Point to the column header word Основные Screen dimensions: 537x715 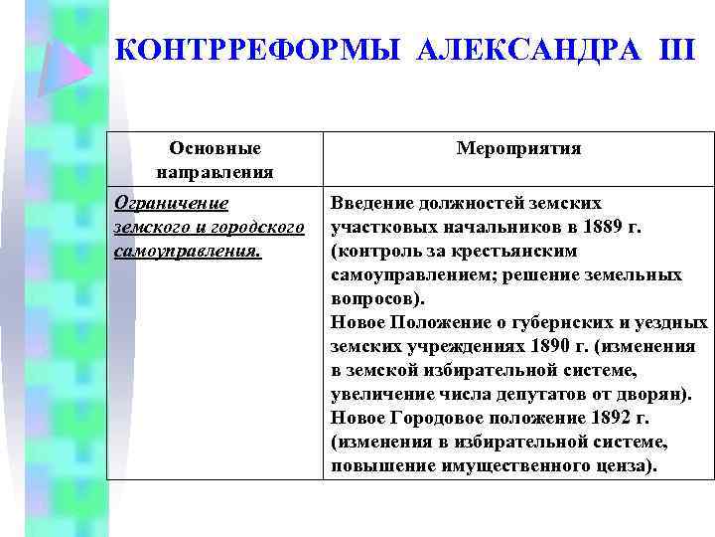(215, 148)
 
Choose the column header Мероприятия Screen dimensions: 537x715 (518, 148)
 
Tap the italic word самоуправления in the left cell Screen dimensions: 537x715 (188, 251)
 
